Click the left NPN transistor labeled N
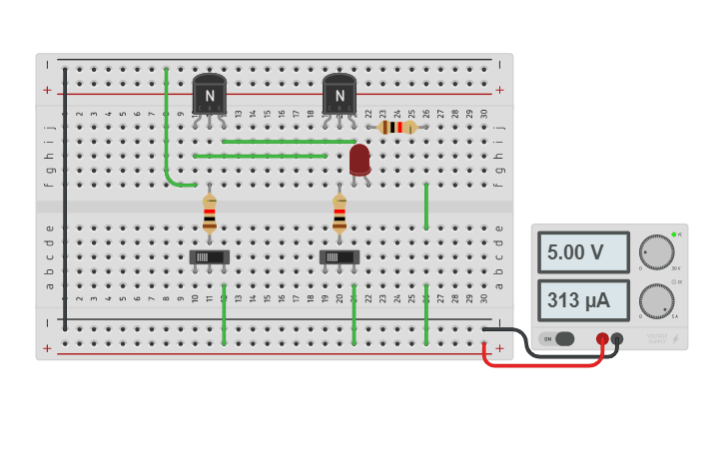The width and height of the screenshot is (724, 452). (x=210, y=95)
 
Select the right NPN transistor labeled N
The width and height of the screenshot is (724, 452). (x=340, y=95)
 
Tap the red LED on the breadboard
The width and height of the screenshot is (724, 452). (x=360, y=160)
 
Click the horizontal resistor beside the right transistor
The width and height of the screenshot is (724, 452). (x=397, y=128)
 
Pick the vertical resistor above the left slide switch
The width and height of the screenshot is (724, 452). (x=209, y=214)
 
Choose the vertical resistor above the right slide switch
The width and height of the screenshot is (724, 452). (x=340, y=214)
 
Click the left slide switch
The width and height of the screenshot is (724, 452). (x=209, y=256)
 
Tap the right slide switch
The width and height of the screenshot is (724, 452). (x=340, y=256)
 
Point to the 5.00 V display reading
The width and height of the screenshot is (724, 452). (x=583, y=252)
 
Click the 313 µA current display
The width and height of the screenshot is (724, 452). (x=583, y=299)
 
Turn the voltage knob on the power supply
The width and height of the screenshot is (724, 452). (x=656, y=252)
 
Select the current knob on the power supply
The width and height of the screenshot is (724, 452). (x=656, y=300)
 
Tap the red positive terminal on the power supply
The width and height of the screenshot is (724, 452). (x=602, y=339)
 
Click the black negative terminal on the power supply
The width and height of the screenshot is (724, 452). (x=617, y=339)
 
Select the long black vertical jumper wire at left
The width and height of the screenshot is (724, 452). (x=65, y=200)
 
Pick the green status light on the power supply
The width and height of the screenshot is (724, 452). (x=674, y=234)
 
